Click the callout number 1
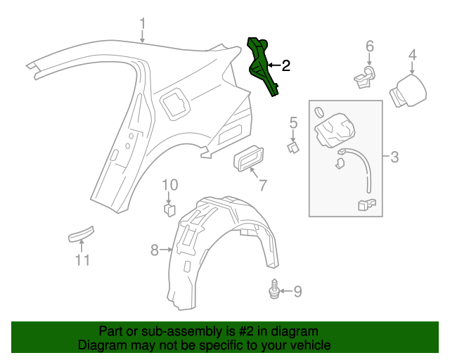[x=143, y=25]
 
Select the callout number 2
[x=285, y=66]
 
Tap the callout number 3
[x=394, y=157]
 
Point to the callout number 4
[x=413, y=54]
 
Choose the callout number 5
[x=294, y=124]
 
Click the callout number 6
[x=370, y=46]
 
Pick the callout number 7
[x=262, y=186]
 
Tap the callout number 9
[x=297, y=290]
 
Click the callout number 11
[x=83, y=260]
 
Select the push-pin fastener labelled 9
[x=274, y=290]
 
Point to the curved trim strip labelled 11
[x=81, y=234]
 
